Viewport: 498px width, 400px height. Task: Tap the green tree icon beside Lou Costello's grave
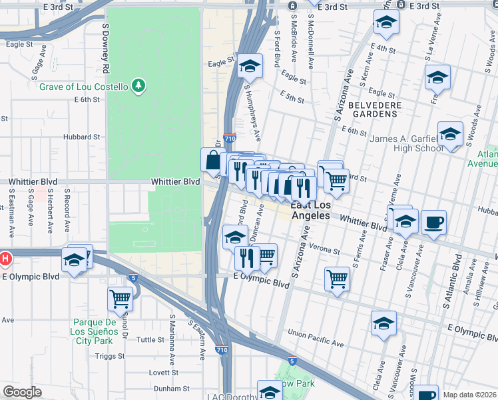pos(138,85)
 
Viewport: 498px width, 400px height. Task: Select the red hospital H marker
pos(5,258)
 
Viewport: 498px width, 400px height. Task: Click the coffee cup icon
pos(433,223)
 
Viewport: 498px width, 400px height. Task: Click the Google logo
pos(22,392)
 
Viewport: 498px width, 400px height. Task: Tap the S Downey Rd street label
pos(105,47)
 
